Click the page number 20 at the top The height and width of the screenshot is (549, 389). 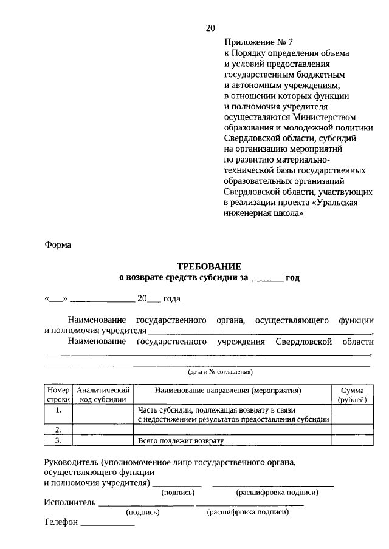[x=210, y=28]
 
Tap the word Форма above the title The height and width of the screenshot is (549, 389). [x=58, y=245]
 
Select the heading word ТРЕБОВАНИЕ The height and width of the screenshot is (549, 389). [x=209, y=266]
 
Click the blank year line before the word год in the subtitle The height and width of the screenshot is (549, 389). [x=266, y=278]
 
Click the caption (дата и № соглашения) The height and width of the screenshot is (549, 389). [x=220, y=371]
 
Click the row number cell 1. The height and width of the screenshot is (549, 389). [x=59, y=410]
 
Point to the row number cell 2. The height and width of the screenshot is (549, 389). [x=59, y=429]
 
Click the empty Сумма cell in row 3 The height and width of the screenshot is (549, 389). [x=352, y=441]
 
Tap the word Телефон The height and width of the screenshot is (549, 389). [x=61, y=522]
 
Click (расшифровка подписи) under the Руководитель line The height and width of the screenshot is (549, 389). [x=277, y=493]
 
